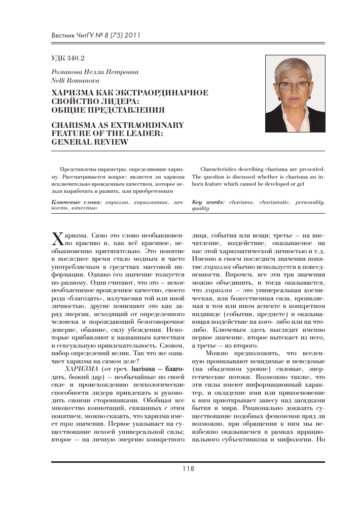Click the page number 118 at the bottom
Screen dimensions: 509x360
(188, 469)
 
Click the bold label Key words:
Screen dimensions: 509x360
(209, 202)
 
